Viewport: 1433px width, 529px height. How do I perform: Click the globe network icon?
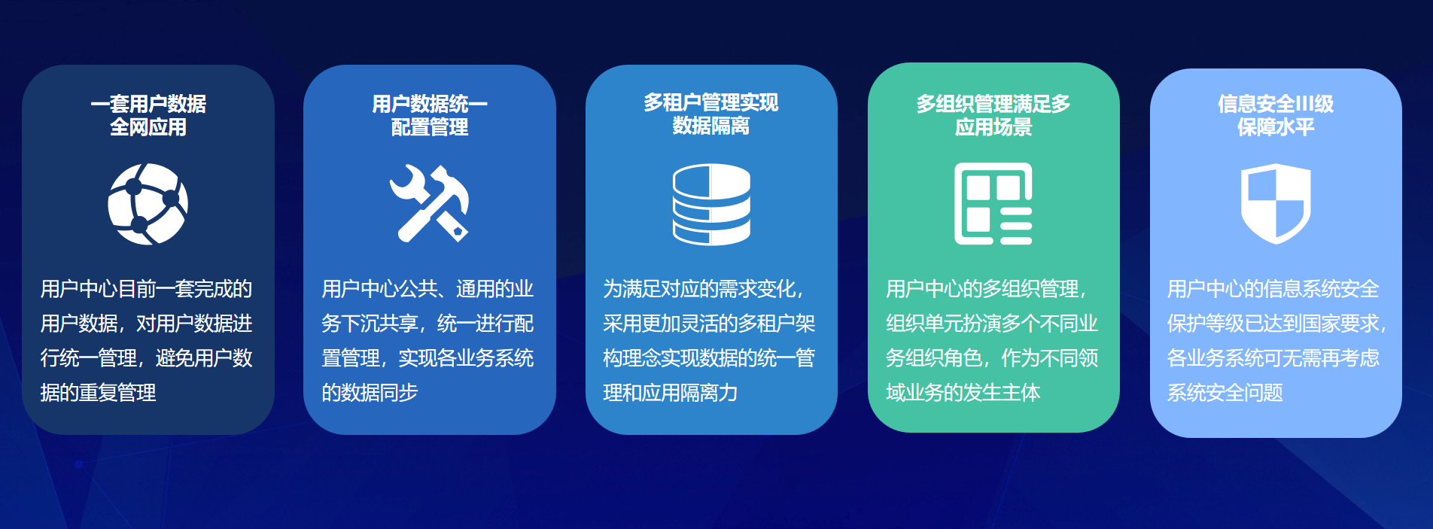pos(148,204)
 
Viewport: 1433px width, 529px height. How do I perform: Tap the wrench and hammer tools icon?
pos(429,203)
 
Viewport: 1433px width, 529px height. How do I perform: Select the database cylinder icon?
pos(711,204)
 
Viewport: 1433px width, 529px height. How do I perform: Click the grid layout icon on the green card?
pos(993,203)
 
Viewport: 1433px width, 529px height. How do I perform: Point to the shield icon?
pos(1276,203)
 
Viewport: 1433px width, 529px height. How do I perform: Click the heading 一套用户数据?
pos(148,103)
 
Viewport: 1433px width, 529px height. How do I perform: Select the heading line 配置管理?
pos(430,126)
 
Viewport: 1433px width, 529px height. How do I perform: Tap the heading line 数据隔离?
pos(711,126)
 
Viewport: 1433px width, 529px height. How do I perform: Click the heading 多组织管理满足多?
pos(993,103)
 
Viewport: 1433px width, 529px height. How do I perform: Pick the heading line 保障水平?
pos(1276,126)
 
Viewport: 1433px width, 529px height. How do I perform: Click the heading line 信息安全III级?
pos(1276,103)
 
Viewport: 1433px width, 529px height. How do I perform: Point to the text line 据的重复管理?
pos(98,392)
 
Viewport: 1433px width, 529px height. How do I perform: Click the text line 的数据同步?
pos(370,392)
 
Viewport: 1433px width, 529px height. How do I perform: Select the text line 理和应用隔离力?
pos(670,392)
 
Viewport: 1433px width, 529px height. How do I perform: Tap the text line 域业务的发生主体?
pos(963,392)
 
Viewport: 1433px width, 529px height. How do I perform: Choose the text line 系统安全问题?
pos(1225,392)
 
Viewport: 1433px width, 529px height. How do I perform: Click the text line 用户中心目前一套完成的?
pos(146,288)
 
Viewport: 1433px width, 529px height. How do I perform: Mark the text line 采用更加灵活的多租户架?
pos(709,323)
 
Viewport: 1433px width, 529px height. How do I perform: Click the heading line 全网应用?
pos(148,126)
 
